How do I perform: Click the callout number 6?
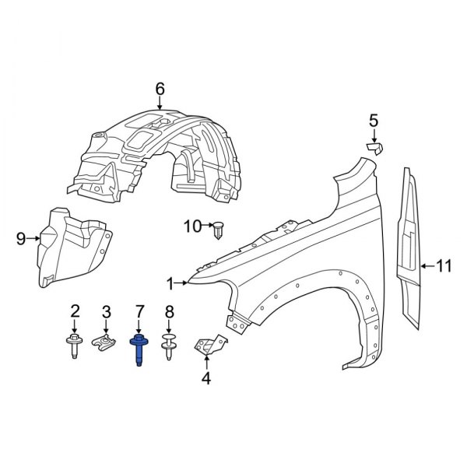click(160, 90)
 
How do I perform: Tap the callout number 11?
click(443, 266)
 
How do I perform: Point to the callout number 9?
click(21, 239)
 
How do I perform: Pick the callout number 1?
click(170, 282)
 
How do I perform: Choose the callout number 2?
click(75, 312)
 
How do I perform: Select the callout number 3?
click(107, 312)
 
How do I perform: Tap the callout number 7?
click(140, 312)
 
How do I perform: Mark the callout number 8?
click(169, 312)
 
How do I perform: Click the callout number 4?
click(206, 379)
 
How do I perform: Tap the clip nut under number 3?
click(107, 342)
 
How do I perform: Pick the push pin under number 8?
click(169, 346)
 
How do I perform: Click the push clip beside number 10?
click(218, 230)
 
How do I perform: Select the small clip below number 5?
click(375, 147)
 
